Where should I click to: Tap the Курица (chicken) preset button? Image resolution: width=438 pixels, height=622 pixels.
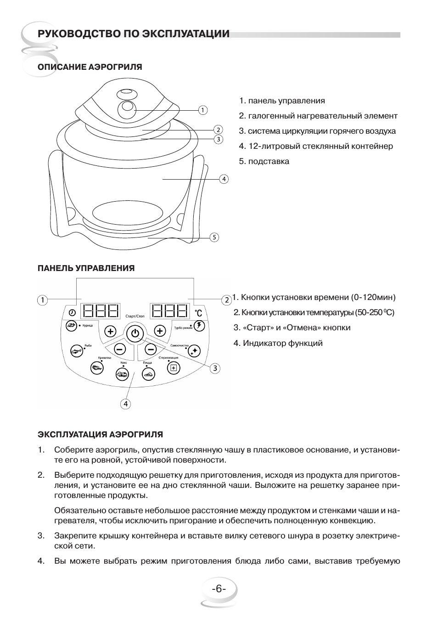[71, 325]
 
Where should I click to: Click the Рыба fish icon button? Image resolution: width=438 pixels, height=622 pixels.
[76, 350]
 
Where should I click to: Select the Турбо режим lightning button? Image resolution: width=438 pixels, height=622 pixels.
[199, 325]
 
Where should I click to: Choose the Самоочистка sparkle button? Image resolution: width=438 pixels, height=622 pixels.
[194, 350]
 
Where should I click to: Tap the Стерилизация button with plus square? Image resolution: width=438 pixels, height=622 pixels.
[173, 367]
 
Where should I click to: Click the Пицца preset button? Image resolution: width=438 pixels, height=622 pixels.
[148, 374]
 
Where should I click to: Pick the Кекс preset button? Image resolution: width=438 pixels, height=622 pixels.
[122, 374]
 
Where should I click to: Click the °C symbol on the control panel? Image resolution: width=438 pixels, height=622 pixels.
[198, 312]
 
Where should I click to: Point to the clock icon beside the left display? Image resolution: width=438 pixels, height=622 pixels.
[72, 312]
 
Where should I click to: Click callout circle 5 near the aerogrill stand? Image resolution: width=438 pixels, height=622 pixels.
[214, 237]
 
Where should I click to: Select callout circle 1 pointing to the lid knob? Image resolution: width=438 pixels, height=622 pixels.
[203, 110]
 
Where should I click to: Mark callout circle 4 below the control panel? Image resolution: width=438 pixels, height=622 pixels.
[125, 404]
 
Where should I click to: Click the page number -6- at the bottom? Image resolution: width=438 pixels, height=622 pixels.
[219, 589]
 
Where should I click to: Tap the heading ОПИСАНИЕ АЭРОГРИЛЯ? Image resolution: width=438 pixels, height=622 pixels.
[90, 67]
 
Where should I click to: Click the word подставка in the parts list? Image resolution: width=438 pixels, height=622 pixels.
[269, 161]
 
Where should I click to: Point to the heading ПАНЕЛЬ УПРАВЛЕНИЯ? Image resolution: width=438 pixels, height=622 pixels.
[86, 268]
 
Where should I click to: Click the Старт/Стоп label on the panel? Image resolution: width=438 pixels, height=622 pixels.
[135, 317]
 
